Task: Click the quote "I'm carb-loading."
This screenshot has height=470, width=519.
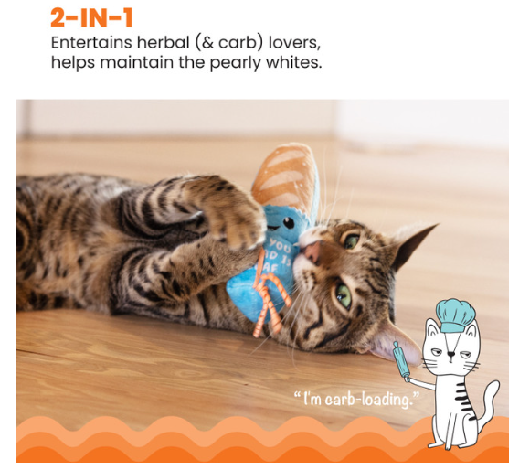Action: click(352, 399)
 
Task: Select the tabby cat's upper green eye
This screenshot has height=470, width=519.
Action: click(352, 240)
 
